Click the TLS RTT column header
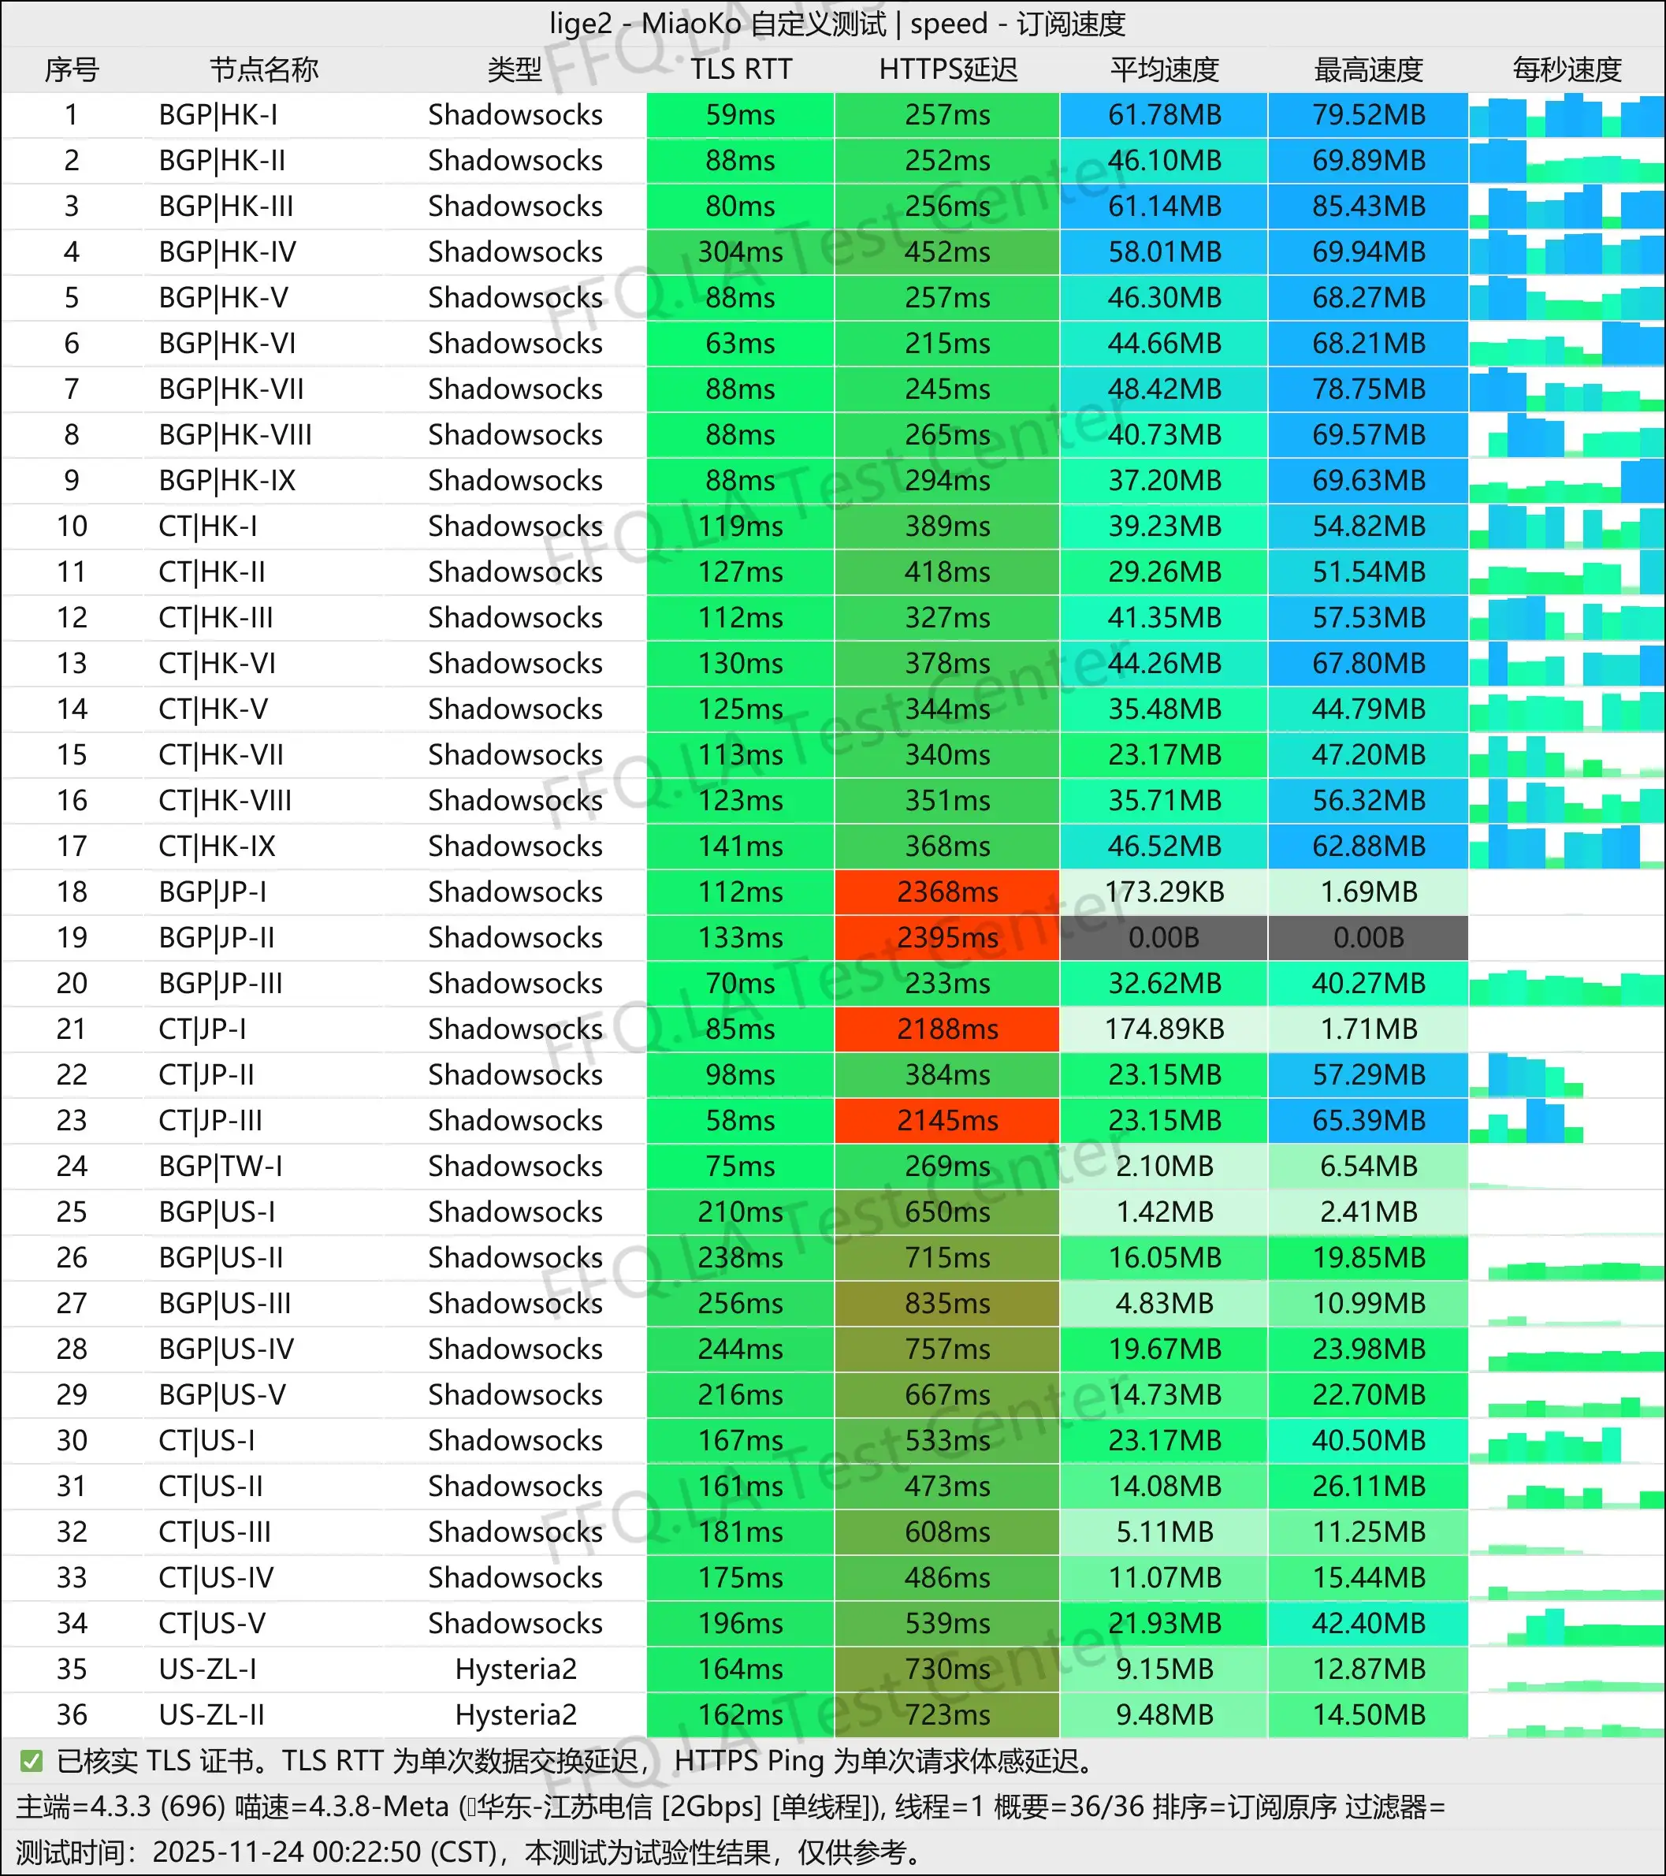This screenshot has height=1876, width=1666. tap(740, 69)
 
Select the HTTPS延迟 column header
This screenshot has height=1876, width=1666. tap(948, 69)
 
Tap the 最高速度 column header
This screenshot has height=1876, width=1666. tap(1368, 69)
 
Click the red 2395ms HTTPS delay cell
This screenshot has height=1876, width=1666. tap(948, 937)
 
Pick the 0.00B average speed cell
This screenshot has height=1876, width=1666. tap(1164, 937)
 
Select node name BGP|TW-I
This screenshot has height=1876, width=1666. tap(220, 1166)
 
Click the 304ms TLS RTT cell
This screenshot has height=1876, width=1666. tap(740, 251)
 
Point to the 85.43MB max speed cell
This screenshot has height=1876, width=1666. tap(1368, 206)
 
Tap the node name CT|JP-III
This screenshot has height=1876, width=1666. tap(210, 1120)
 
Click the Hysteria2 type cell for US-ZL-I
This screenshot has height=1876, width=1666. tap(515, 1669)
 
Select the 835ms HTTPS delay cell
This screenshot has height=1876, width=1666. tap(948, 1303)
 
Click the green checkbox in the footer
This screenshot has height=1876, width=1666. tap(32, 1761)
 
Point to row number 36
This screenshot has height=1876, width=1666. tap(72, 1714)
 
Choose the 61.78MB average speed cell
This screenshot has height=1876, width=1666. tap(1164, 115)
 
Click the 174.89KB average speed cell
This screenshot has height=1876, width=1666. tap(1164, 1029)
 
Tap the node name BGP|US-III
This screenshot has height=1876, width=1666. tap(225, 1303)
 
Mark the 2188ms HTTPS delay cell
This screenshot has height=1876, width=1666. tap(948, 1029)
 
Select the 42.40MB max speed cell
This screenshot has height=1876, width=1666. tap(1368, 1623)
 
